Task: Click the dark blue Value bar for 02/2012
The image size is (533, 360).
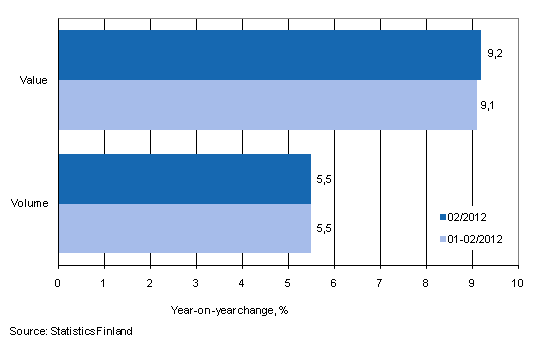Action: (x=269, y=55)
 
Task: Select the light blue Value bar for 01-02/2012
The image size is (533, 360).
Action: (x=267, y=104)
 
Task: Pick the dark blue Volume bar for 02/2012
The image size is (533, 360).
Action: (x=184, y=178)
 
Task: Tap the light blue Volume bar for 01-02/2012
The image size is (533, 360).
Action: (x=184, y=228)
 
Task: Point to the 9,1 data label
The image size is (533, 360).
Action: (x=489, y=104)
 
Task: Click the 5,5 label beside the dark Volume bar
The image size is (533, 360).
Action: (x=323, y=178)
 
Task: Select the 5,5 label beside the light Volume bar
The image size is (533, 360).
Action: (x=323, y=228)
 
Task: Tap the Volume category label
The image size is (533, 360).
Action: (x=34, y=203)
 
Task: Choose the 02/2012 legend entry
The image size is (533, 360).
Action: (x=469, y=215)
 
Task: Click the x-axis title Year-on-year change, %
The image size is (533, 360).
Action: (x=229, y=309)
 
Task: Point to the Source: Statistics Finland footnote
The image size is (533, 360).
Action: (x=71, y=330)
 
